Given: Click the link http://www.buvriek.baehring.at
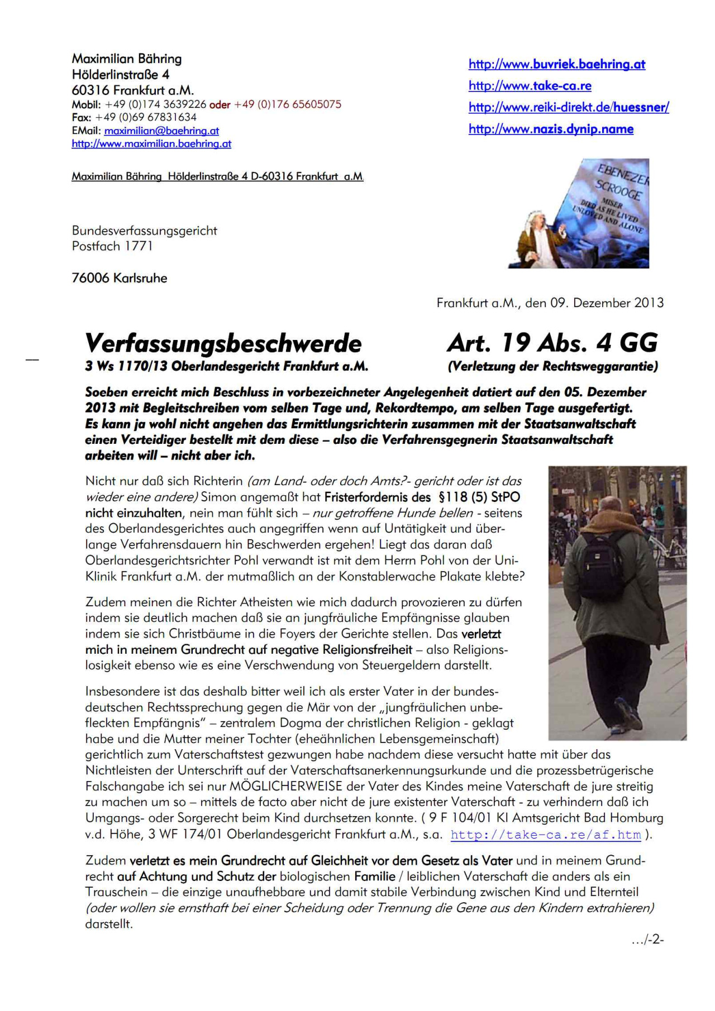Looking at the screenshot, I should pyautogui.click(x=556, y=64).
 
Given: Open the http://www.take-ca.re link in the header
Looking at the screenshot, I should pyautogui.click(x=530, y=86).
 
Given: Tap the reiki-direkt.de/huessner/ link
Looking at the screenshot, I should pyautogui.click(x=569, y=107).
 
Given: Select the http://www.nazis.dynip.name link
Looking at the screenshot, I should pyautogui.click(x=551, y=129).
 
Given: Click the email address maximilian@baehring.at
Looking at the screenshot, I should pyautogui.click(x=161, y=131).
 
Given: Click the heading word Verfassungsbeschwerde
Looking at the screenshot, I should pyautogui.click(x=223, y=343).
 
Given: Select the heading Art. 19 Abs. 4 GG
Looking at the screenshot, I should pyautogui.click(x=552, y=343).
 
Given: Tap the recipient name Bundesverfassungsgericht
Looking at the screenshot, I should pyautogui.click(x=144, y=231).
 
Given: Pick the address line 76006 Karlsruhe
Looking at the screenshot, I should pyautogui.click(x=120, y=278).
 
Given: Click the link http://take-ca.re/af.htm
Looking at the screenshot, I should pyautogui.click(x=545, y=835).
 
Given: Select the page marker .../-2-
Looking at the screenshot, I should pyautogui.click(x=647, y=940).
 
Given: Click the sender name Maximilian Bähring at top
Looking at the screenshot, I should pyautogui.click(x=127, y=59).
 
